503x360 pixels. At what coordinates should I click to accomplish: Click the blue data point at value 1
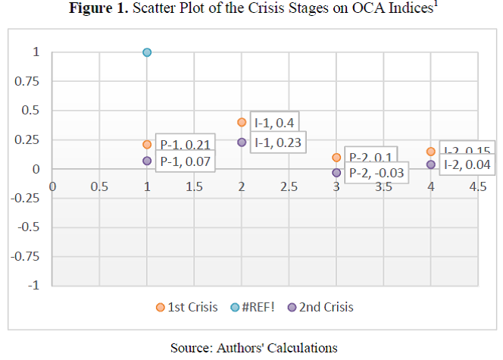coord(147,52)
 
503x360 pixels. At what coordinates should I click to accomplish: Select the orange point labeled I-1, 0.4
coord(242,122)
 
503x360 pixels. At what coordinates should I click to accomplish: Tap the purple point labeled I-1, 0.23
coord(242,142)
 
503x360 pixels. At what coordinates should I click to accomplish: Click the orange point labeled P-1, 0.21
coord(147,144)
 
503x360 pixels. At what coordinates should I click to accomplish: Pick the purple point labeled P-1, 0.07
coord(147,161)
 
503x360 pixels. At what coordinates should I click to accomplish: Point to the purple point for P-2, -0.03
coord(336,173)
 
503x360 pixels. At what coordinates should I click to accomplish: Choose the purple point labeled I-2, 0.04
coord(431,164)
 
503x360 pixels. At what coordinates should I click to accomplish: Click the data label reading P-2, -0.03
coord(376,174)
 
